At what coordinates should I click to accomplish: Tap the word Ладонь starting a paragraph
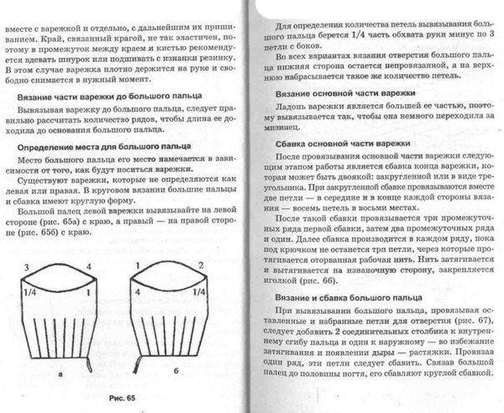pyautogui.click(x=295, y=111)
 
